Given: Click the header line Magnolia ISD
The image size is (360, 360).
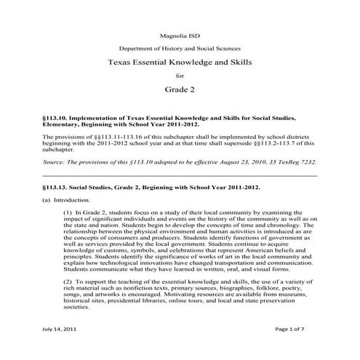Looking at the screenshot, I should pos(180,34).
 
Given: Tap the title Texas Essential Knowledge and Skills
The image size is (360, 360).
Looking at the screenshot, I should pos(180,63).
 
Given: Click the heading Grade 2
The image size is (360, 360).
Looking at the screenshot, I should pos(180,92).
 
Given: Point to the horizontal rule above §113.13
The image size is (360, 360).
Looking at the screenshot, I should pos(180,175).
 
